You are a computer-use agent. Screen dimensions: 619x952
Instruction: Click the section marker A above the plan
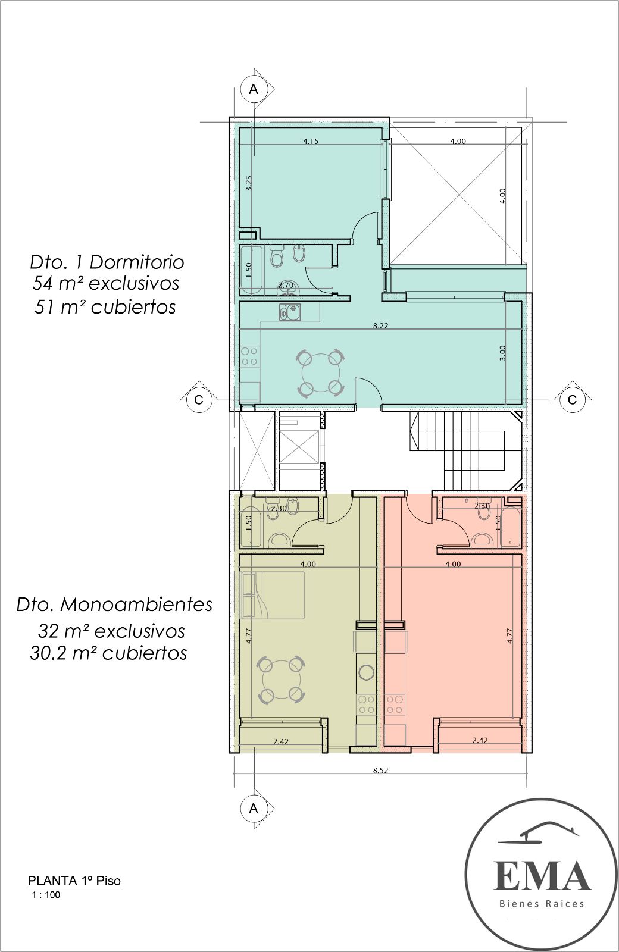[x=254, y=89]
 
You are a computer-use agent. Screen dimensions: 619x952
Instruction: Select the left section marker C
[x=199, y=400]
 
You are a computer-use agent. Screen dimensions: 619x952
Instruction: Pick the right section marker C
[x=572, y=400]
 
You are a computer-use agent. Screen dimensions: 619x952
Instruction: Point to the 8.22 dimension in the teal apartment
[x=380, y=326]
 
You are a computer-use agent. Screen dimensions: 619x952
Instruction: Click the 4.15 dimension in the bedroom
[x=311, y=141]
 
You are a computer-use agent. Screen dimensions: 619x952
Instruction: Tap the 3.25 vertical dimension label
[x=249, y=183]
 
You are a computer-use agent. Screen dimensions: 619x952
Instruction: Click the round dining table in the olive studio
[x=282, y=679]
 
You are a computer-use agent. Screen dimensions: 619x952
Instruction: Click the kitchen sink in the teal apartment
[x=290, y=312]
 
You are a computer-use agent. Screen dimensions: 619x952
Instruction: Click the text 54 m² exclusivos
[x=106, y=283]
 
